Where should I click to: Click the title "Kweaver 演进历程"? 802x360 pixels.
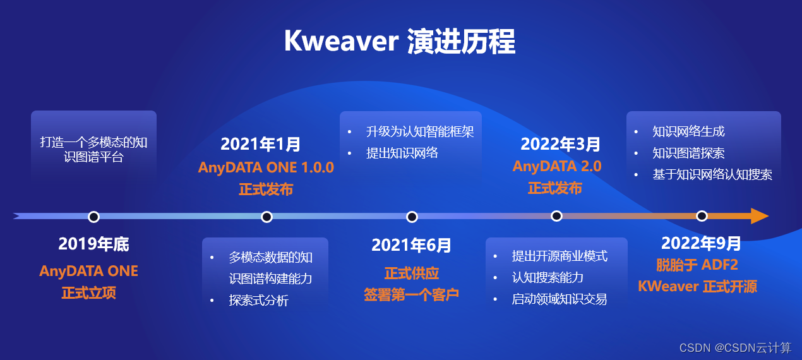pos(400,41)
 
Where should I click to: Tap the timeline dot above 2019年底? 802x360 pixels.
pos(94,217)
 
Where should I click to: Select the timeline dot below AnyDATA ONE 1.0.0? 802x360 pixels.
pos(266,217)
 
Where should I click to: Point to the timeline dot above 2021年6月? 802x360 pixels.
pos(412,217)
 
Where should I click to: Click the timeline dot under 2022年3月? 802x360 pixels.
pos(556,216)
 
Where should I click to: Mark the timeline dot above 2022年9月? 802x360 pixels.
pos(702,216)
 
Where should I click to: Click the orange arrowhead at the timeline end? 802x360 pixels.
pos(759,216)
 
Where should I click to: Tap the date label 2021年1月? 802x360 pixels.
pos(260,145)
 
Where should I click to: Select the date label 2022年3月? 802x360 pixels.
pos(560,145)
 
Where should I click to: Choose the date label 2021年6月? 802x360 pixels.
pos(411,246)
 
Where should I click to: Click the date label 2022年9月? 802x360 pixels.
pos(701,243)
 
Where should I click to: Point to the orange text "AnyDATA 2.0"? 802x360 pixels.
pos(557,166)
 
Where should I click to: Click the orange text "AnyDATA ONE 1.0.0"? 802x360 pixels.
pos(266,167)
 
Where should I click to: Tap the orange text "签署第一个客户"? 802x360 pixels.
pos(411,295)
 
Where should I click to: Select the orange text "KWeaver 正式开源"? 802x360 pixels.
pos(697,287)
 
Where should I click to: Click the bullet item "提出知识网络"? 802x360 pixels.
pos(402,153)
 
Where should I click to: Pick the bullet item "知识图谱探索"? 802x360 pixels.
pos(688,153)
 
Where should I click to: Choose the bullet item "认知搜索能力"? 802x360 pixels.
pos(548,278)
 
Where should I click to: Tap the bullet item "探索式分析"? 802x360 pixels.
pos(258,301)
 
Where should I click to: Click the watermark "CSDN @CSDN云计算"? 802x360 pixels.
pos(736,347)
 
